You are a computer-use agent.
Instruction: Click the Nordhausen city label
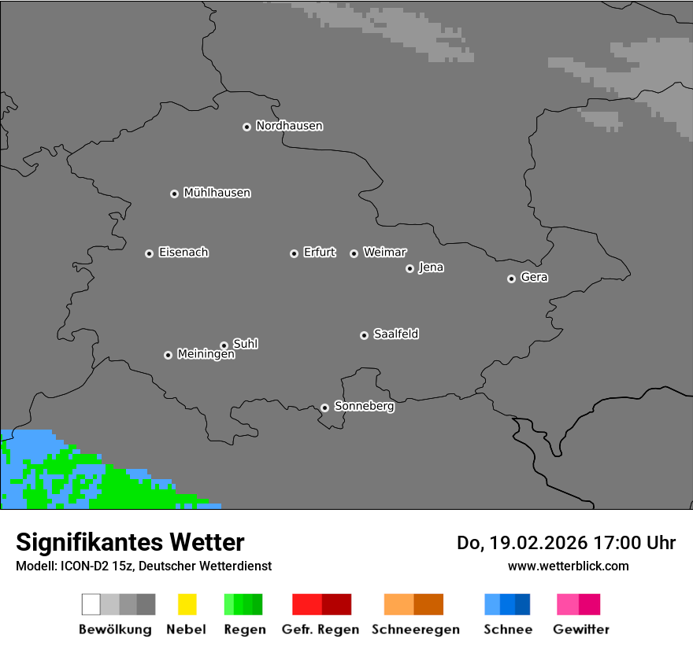(289, 126)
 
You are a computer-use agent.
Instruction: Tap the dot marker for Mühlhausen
(174, 194)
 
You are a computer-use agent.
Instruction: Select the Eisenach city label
(183, 253)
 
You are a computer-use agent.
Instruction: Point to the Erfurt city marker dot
(294, 253)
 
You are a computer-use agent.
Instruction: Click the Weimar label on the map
(384, 253)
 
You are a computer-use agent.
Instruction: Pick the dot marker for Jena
(409, 268)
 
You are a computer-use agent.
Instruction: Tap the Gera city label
(534, 278)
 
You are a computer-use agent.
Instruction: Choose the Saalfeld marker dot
(364, 335)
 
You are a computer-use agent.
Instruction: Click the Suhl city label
(245, 344)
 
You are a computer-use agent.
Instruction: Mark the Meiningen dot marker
(168, 355)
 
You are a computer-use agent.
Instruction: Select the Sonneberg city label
(364, 407)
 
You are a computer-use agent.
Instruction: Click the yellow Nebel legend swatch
(187, 604)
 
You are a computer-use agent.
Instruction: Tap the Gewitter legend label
(581, 629)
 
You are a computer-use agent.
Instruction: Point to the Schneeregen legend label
(415, 629)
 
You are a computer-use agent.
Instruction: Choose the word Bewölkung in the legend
(115, 629)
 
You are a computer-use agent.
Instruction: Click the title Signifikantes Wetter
(130, 542)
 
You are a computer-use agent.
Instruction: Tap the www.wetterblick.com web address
(568, 566)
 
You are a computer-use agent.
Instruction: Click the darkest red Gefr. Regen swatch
(336, 604)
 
